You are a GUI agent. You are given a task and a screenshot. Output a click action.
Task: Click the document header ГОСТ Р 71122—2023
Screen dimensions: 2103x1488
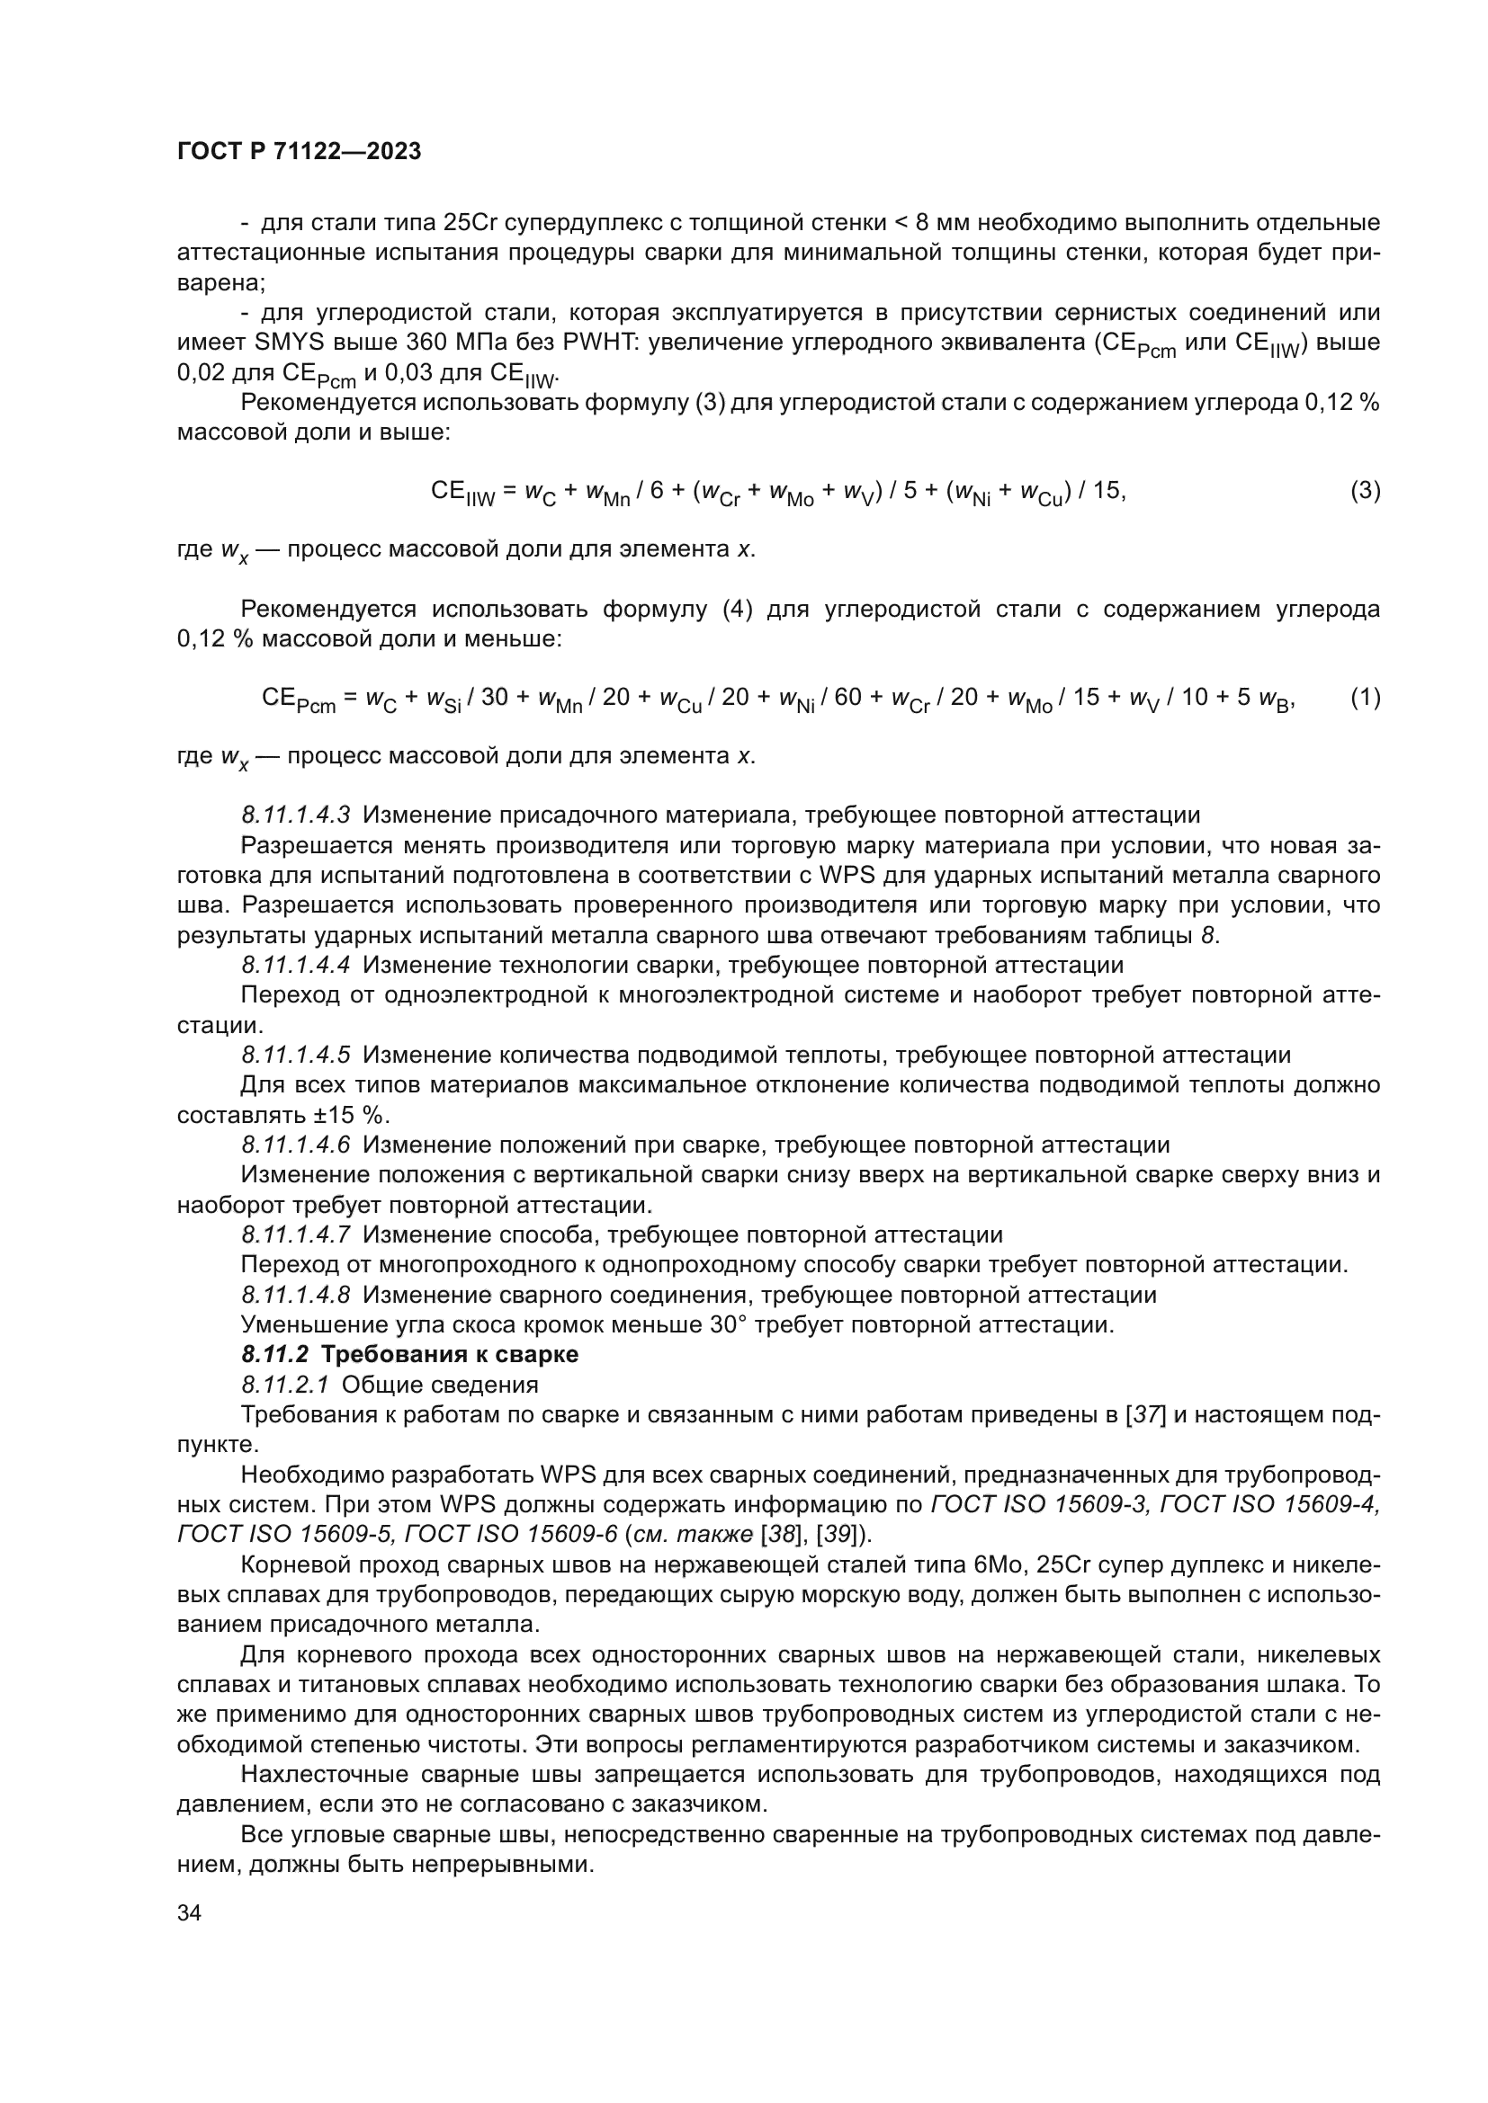click(299, 151)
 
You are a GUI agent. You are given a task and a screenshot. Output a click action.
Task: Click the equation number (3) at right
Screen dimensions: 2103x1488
click(1366, 490)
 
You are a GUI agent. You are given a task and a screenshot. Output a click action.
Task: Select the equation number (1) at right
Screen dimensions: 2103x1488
click(1366, 697)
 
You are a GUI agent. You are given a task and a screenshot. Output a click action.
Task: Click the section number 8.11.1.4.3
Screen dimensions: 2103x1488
click(296, 815)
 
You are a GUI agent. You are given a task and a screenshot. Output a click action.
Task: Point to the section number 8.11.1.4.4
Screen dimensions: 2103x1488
click(296, 965)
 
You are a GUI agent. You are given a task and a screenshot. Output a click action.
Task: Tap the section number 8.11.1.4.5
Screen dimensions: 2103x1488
click(296, 1055)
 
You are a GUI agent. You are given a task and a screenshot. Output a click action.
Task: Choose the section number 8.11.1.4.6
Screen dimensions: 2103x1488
click(296, 1144)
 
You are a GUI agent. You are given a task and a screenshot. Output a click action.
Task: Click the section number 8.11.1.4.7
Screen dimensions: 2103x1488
click(296, 1234)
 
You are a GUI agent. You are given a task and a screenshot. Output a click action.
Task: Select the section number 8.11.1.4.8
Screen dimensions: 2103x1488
click(296, 1294)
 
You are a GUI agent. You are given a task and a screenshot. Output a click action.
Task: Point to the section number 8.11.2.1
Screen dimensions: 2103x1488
click(285, 1384)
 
